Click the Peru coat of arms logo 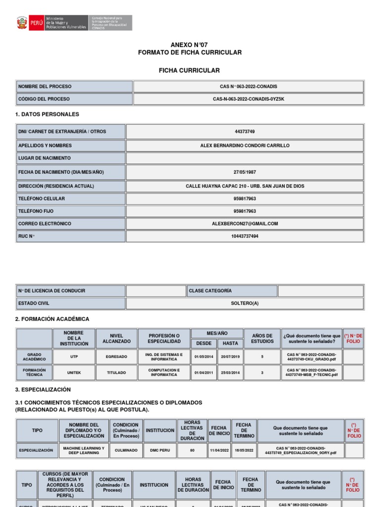point(22,23)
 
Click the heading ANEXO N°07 point(190,45)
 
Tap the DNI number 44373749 point(245,132)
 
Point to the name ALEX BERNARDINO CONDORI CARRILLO point(245,146)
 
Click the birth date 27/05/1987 point(245,172)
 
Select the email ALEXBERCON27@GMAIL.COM point(245,224)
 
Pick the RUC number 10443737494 point(245,236)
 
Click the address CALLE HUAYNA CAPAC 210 point(245,186)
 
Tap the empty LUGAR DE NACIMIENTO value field point(245,158)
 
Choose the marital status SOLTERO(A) point(245,303)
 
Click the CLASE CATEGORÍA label point(210,291)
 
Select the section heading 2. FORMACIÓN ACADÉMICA point(52,319)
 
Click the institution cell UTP point(74,356)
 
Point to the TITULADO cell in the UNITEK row point(116,372)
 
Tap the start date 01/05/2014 point(203,356)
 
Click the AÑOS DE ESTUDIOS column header point(262,338)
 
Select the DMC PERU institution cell point(159,451)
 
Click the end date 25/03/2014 point(230,372)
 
